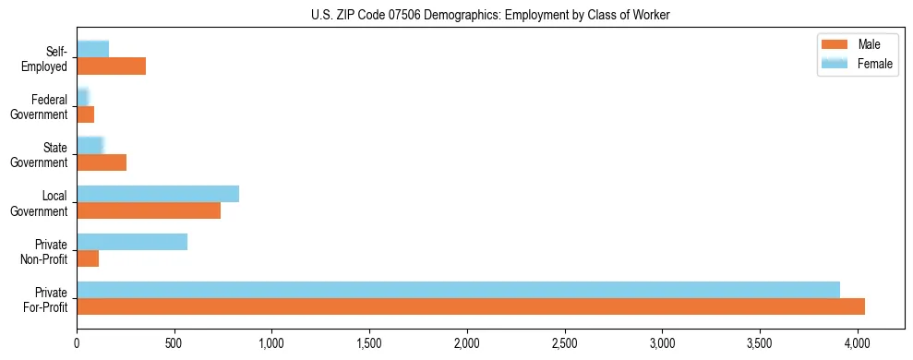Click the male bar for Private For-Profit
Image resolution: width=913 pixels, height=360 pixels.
[471, 306]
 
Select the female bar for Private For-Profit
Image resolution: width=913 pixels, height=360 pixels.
[458, 290]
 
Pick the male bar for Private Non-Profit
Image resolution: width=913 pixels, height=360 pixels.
[88, 258]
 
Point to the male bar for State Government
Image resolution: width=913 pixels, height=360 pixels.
[102, 162]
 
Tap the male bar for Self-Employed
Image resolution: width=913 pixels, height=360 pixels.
[111, 66]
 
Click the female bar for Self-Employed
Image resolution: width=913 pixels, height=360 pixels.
[92, 50]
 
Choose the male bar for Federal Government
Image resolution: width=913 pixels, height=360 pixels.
[85, 114]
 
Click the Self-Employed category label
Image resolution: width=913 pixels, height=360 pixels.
[48, 59]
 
